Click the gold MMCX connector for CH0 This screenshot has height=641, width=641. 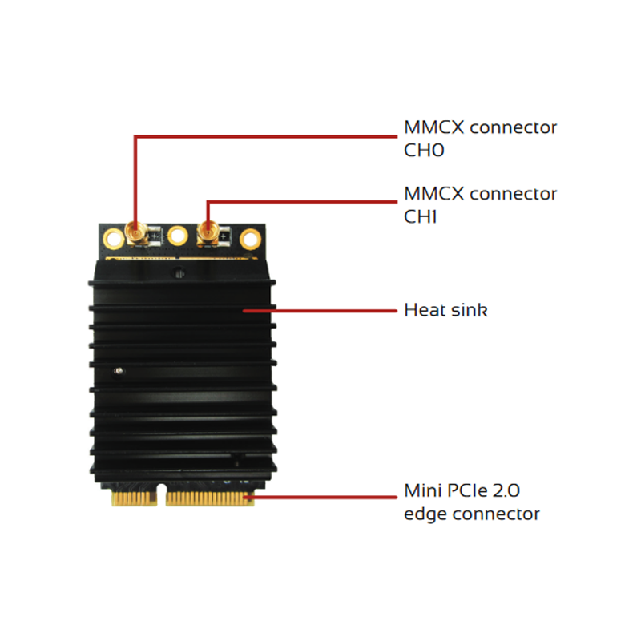click(x=134, y=235)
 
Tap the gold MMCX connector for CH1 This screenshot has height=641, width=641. click(x=208, y=233)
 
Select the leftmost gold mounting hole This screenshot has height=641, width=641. click(x=110, y=237)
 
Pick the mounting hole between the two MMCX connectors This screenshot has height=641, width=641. click(x=177, y=236)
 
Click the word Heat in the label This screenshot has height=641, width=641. click(x=421, y=309)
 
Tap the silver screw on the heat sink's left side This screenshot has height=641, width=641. click(x=119, y=371)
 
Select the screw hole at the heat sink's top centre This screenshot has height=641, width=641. click(x=177, y=274)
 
